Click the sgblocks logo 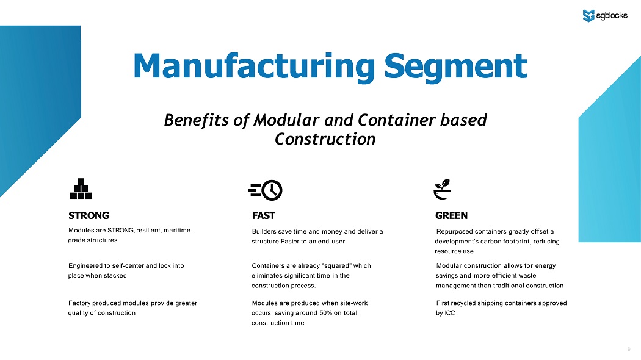pyautogui.click(x=605, y=15)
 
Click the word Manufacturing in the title pyautogui.click(x=253, y=66)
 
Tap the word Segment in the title pyautogui.click(x=455, y=66)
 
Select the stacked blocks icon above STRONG pyautogui.click(x=81, y=189)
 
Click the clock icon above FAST pyautogui.click(x=266, y=190)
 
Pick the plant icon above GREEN pyautogui.click(x=443, y=189)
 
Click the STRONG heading pyautogui.click(x=89, y=215)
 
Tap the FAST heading pyautogui.click(x=264, y=215)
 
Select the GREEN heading pyautogui.click(x=451, y=215)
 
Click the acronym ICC pyautogui.click(x=450, y=313)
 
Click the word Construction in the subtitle pyautogui.click(x=325, y=139)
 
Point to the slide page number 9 pyautogui.click(x=629, y=350)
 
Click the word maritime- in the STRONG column pyautogui.click(x=178, y=231)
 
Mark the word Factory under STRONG pyautogui.click(x=79, y=304)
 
